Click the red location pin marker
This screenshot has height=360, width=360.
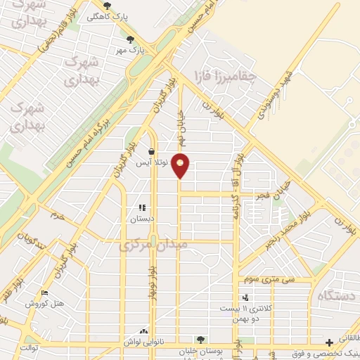(181, 165)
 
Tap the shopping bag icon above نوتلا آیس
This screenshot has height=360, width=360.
(152, 151)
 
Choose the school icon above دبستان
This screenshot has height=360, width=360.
(141, 207)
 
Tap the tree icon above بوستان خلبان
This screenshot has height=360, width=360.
(202, 339)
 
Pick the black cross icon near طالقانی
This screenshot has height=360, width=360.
(329, 342)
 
